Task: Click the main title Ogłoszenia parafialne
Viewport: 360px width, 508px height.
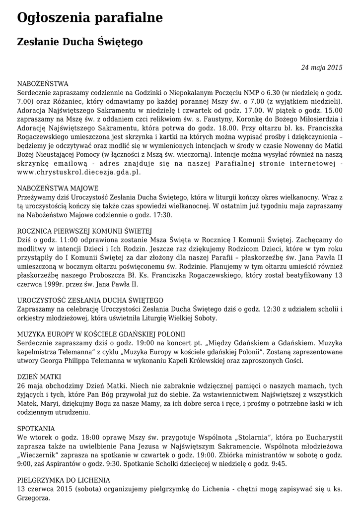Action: [90, 18]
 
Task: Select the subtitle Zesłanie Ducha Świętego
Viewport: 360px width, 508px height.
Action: [80, 43]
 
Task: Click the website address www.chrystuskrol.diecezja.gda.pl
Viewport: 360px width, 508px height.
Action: [79, 172]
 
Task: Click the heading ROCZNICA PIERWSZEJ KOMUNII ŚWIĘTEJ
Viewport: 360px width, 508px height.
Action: [84, 231]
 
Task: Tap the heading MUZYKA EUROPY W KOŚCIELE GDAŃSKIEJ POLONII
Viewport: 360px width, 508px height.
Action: [101, 334]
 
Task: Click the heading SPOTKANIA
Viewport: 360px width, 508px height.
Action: [36, 428]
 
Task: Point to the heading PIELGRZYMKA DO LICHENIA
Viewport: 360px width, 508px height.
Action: [64, 480]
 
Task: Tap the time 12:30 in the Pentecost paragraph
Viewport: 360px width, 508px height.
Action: [234, 309]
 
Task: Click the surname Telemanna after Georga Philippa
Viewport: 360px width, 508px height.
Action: [107, 360]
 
